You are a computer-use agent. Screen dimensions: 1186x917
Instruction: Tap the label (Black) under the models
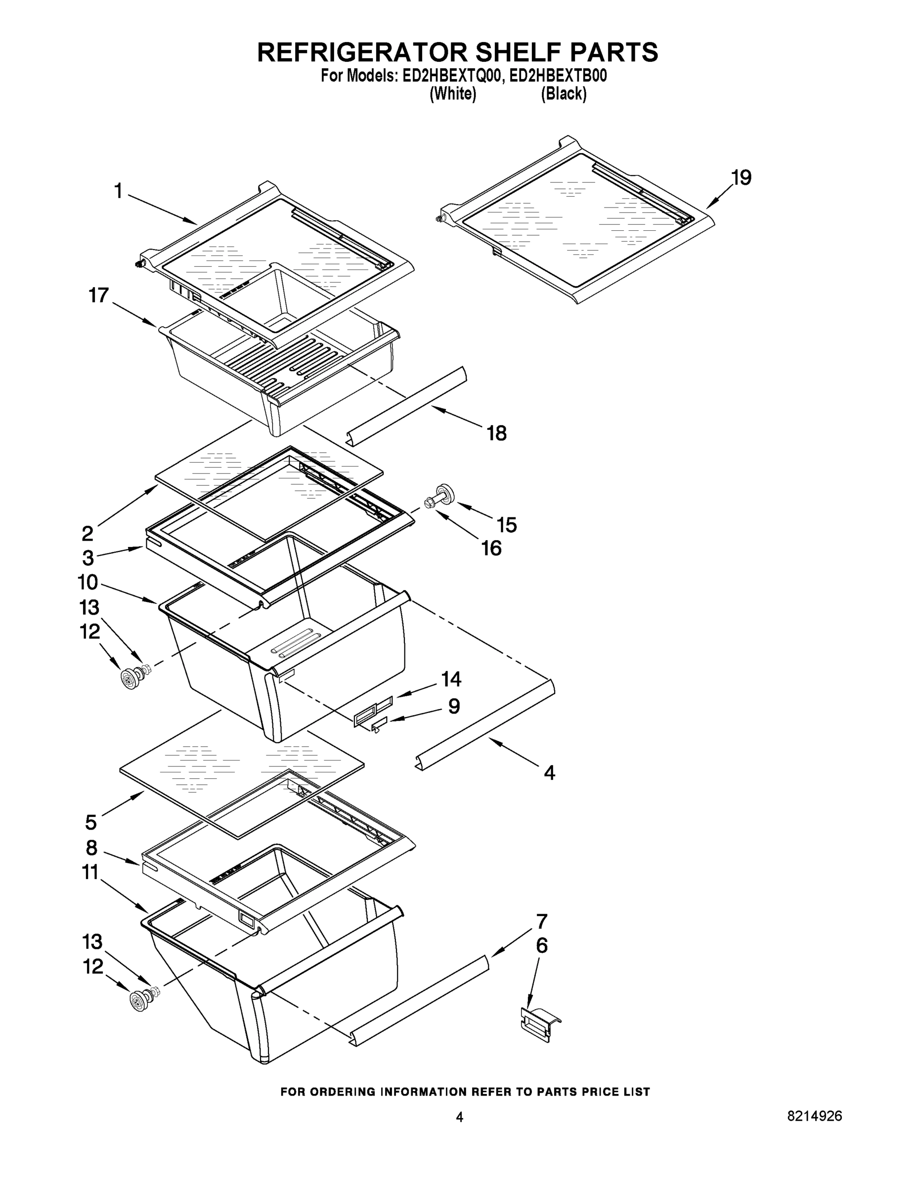(564, 94)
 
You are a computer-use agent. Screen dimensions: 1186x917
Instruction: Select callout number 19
(741, 177)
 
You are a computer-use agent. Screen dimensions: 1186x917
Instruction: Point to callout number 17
(99, 296)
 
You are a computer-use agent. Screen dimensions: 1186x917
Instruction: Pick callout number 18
(496, 433)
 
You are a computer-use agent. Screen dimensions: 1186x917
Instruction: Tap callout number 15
(506, 525)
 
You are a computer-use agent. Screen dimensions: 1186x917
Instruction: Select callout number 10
(87, 583)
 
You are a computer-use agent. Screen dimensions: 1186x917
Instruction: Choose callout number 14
(451, 679)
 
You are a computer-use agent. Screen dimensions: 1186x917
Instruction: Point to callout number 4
(549, 773)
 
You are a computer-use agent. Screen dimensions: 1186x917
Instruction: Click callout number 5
(91, 822)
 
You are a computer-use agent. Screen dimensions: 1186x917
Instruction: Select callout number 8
(91, 847)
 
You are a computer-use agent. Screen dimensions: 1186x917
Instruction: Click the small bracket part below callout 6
(540, 1023)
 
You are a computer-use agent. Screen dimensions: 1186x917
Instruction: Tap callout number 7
(542, 922)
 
